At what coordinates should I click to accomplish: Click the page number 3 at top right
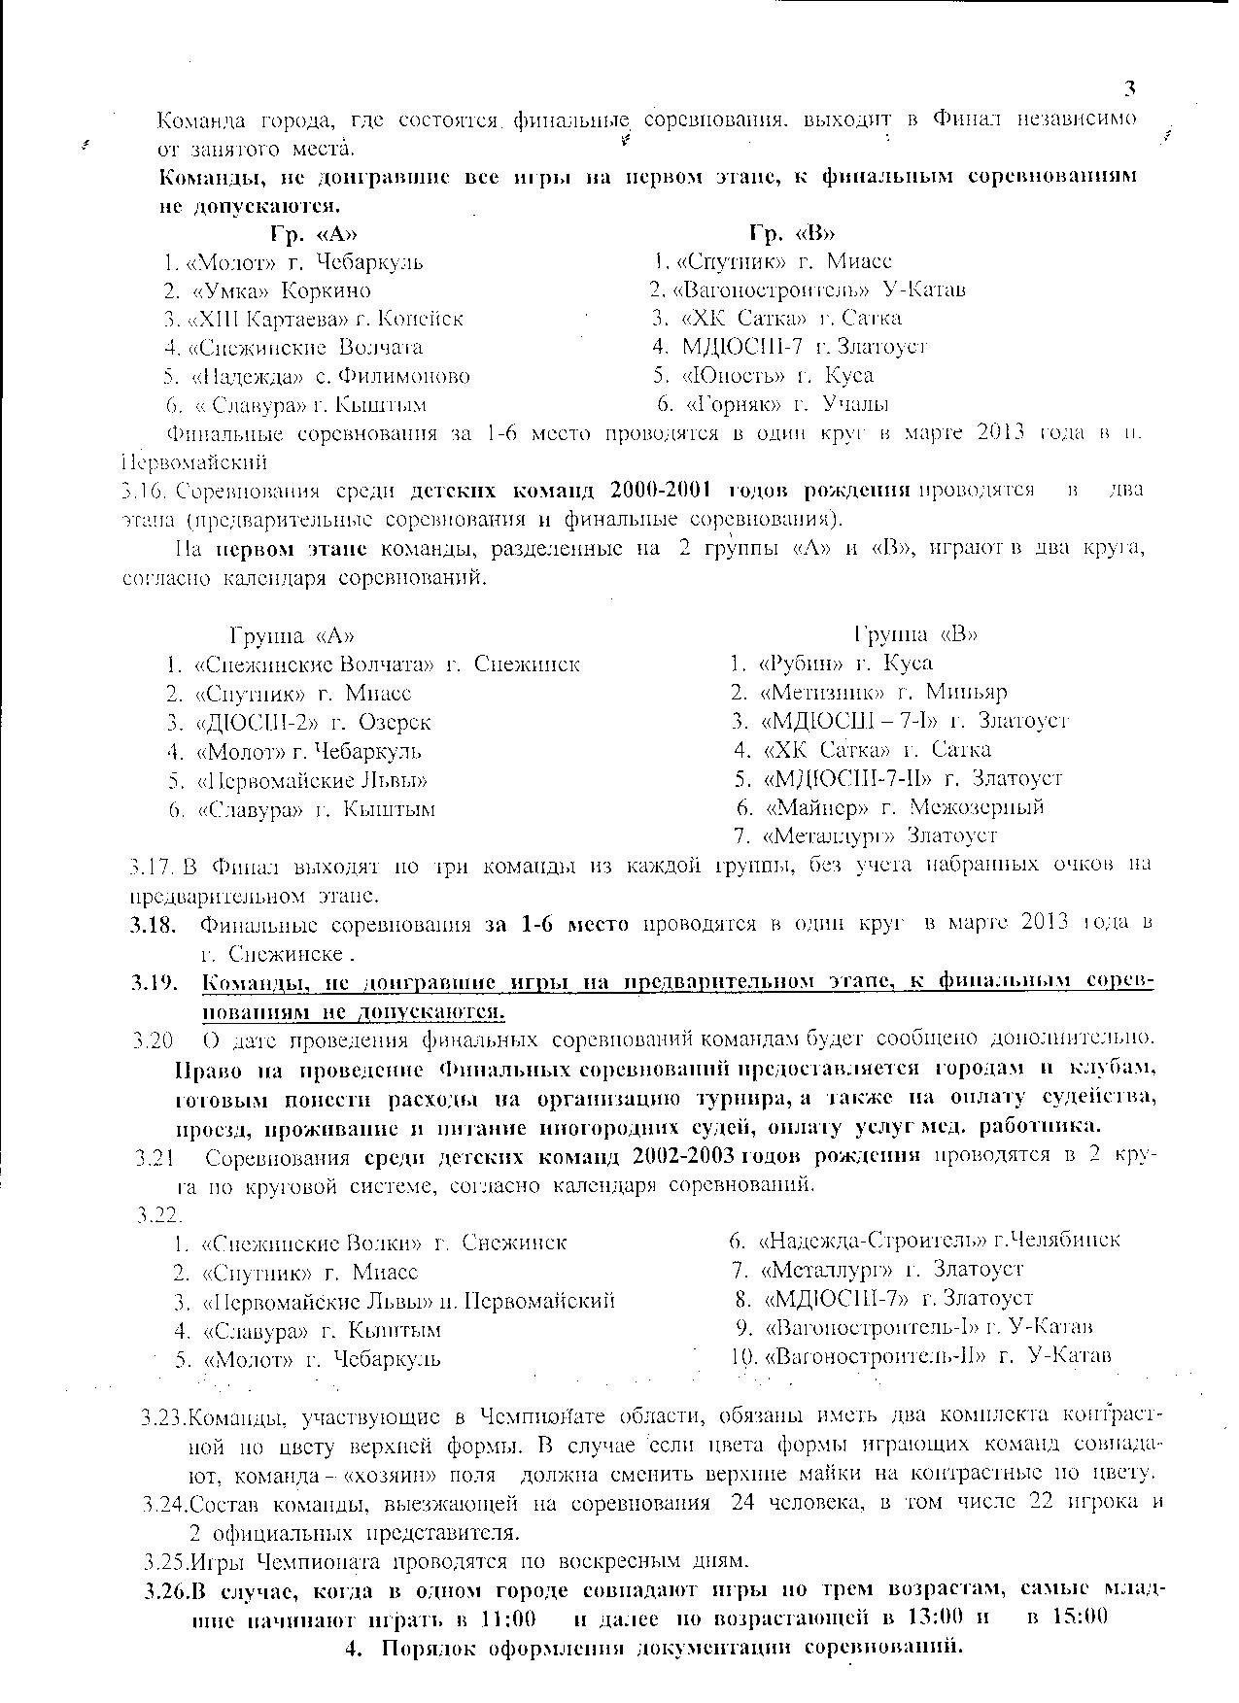tap(1130, 89)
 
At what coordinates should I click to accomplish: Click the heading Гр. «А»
tap(314, 234)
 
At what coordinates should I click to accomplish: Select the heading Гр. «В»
tap(792, 233)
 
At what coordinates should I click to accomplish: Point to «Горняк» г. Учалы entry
tap(787, 404)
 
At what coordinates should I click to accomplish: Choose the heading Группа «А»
tap(292, 635)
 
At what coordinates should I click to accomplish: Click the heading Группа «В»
tap(915, 634)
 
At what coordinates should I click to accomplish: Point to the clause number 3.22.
tap(160, 1214)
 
